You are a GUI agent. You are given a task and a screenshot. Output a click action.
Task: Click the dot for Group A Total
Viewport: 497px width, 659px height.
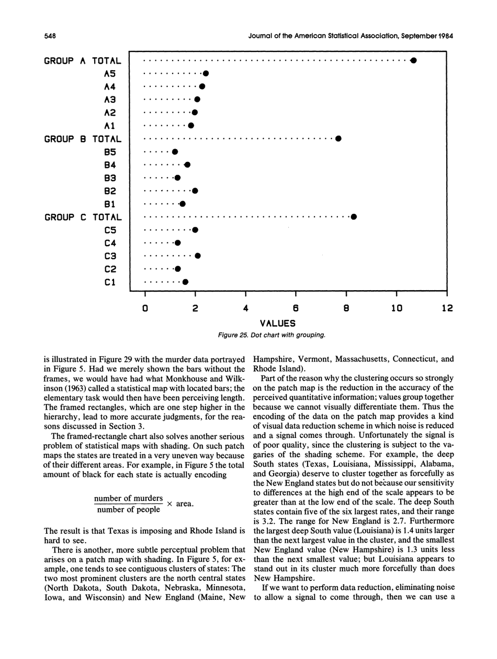tap(413, 60)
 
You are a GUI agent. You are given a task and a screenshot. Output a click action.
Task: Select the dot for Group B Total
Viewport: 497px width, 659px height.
tap(338, 139)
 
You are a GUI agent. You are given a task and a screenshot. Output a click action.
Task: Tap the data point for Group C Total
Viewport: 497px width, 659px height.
tap(354, 217)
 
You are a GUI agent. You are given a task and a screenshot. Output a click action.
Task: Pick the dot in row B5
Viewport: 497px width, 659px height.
tap(175, 152)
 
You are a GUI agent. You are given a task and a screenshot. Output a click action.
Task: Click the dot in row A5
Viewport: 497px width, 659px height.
tap(206, 73)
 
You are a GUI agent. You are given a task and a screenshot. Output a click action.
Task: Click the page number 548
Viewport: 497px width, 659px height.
tap(49, 36)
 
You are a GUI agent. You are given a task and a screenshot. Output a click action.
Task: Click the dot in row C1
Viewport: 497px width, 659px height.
tap(185, 282)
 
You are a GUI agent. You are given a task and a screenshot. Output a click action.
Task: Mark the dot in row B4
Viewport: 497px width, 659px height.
tap(187, 165)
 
